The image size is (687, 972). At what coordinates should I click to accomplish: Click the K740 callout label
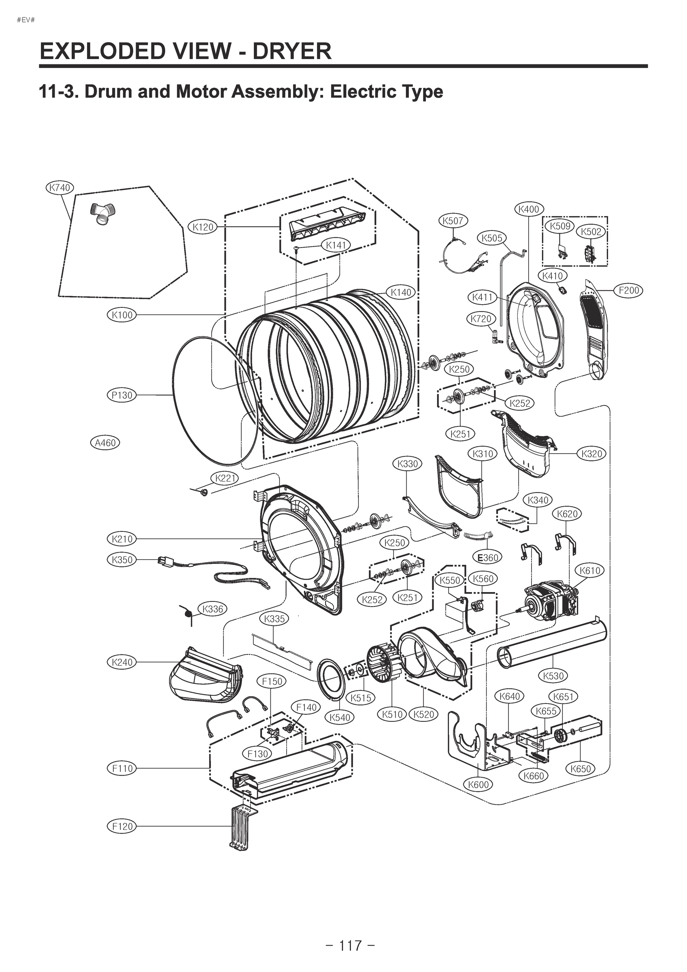click(60, 188)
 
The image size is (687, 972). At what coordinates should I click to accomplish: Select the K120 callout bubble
click(203, 227)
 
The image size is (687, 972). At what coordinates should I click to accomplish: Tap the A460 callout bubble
click(105, 443)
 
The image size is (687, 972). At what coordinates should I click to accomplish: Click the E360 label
click(488, 558)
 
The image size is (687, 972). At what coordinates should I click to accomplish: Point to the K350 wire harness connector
click(163, 561)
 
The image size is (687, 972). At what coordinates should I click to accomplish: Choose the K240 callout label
click(122, 662)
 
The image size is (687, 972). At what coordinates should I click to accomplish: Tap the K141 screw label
click(336, 245)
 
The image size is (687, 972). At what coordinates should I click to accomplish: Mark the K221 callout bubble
click(225, 478)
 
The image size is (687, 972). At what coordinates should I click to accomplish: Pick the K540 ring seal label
click(340, 717)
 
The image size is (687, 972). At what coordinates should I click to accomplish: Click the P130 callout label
click(122, 395)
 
